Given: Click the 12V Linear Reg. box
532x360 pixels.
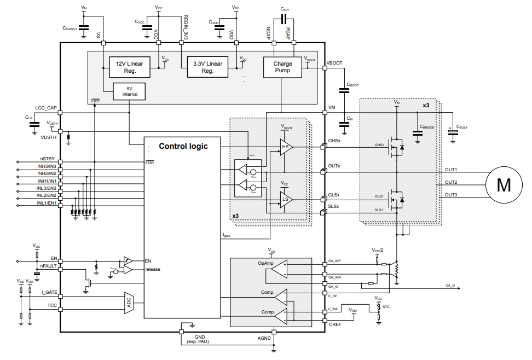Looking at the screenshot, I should pyautogui.click(x=130, y=67).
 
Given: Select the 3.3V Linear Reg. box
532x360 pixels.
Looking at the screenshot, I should pyautogui.click(x=207, y=67).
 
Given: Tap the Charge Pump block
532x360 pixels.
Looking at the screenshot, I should pyautogui.click(x=282, y=67).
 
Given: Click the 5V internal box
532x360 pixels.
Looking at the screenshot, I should pyautogui.click(x=130, y=91).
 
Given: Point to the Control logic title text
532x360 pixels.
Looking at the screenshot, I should pyautogui.click(x=183, y=146).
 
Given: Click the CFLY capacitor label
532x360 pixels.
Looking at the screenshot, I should pyautogui.click(x=285, y=9).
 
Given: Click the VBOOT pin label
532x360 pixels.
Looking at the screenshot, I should pyautogui.click(x=334, y=63).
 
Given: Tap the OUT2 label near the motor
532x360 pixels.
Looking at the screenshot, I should pyautogui.click(x=450, y=182).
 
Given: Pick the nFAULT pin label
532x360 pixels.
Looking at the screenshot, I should pyautogui.click(x=48, y=266).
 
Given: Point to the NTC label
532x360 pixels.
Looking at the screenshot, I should pyautogui.click(x=386, y=307).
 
